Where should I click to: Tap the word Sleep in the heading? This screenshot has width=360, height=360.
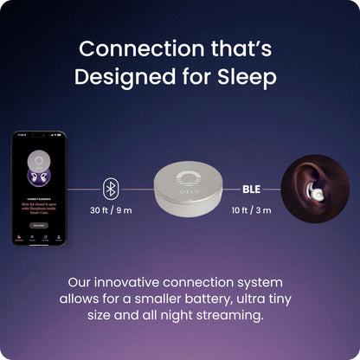[244, 76]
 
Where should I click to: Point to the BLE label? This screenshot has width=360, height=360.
[251, 188]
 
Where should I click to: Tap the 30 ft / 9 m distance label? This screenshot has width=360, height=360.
[111, 210]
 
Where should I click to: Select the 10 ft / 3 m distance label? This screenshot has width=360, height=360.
[252, 210]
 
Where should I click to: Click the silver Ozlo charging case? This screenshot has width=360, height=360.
[182, 191]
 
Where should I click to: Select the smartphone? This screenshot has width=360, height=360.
[38, 188]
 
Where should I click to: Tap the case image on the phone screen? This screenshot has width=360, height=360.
[38, 165]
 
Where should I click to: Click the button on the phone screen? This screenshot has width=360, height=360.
[38, 223]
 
